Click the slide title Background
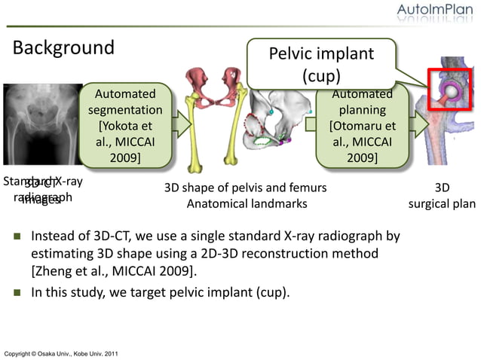coord(63,48)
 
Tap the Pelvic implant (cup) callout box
coord(322,65)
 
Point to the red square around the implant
coord(450,89)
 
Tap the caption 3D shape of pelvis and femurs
coord(246,187)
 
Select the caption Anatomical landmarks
coord(247,203)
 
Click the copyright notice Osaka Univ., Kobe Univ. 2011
coord(60,353)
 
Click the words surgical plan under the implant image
coord(443,203)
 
